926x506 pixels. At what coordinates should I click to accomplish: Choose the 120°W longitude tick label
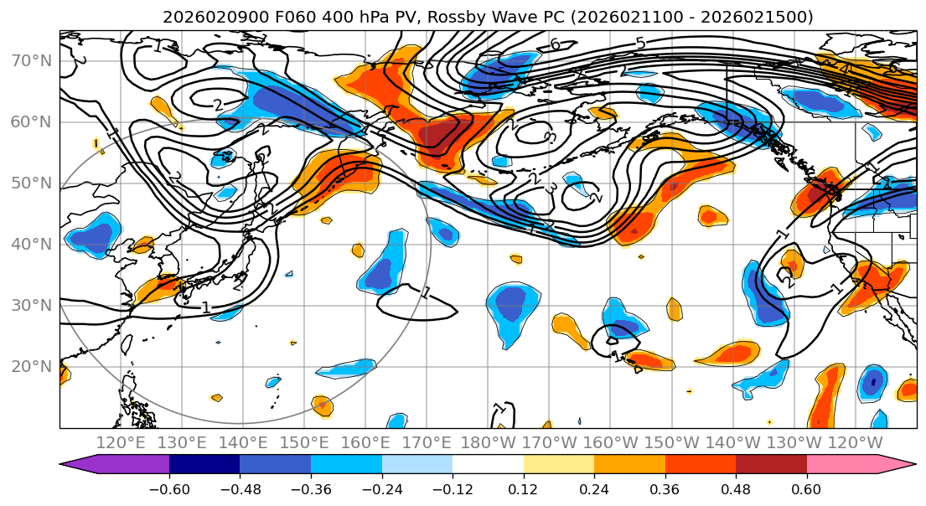pos(855,442)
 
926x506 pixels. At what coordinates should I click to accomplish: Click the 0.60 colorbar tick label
pos(807,488)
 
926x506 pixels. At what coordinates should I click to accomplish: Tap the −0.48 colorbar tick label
pos(240,488)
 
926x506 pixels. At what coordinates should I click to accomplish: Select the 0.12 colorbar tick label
pos(524,488)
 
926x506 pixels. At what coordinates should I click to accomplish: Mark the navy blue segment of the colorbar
pos(204,465)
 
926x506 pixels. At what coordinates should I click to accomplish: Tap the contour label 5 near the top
pos(640,43)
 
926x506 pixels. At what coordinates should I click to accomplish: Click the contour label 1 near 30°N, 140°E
pos(206,307)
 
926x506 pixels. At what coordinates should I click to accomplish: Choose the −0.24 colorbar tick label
pos(381,488)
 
